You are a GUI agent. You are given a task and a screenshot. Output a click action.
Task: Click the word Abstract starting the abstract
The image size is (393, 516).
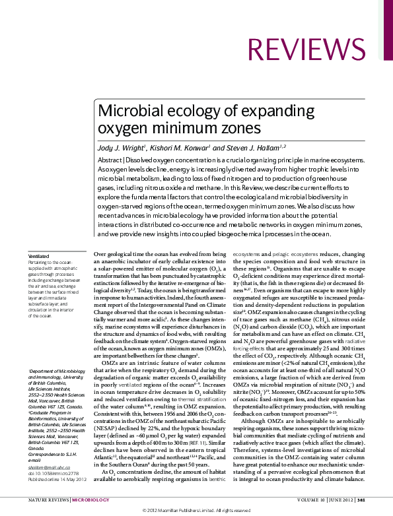(x=110, y=160)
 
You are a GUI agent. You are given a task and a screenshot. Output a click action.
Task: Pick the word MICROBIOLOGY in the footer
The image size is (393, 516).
(x=90, y=501)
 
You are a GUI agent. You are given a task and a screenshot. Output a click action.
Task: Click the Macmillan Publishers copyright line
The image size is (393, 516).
(x=196, y=511)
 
